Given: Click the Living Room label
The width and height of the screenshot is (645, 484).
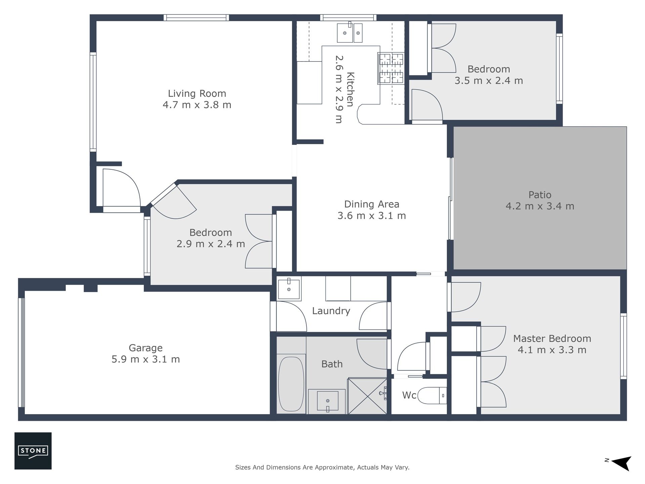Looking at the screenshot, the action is [x=197, y=93].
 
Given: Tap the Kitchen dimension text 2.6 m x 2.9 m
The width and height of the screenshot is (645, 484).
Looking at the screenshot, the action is [x=339, y=89].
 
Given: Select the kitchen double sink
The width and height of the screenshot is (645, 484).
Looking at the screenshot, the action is [x=349, y=33].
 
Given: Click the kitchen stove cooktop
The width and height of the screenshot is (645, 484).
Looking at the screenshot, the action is [x=391, y=68].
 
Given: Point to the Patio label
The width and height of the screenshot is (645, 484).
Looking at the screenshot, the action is [x=540, y=195].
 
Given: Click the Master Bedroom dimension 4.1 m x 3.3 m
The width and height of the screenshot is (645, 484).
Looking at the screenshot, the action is [x=552, y=350].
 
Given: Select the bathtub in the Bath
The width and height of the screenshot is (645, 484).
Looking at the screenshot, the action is [x=291, y=384].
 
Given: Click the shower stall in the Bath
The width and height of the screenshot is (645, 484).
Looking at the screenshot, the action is [x=368, y=396].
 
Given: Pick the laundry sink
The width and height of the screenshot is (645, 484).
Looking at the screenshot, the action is [x=289, y=288].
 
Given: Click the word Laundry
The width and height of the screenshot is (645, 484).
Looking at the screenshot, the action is [x=331, y=311].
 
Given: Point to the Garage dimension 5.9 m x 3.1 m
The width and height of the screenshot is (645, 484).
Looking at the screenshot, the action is [x=145, y=359].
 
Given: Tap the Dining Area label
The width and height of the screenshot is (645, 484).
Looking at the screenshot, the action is [x=372, y=204].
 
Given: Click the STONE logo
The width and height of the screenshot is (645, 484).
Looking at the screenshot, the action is [x=33, y=451].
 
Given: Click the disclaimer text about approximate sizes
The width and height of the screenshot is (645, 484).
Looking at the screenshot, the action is [x=322, y=467].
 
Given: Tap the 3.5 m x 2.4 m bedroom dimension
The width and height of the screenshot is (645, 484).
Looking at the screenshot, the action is [x=489, y=81].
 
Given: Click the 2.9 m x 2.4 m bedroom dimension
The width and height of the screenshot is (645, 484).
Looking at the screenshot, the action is [x=211, y=244].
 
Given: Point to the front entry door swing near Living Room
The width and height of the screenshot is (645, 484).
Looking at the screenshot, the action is [x=121, y=188].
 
